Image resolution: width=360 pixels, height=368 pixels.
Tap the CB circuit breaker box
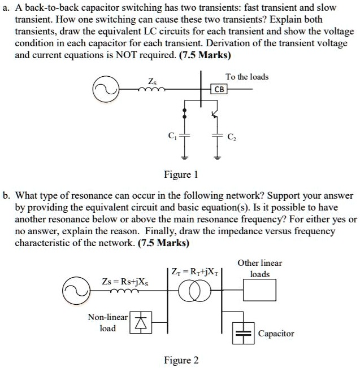click(x=220, y=89)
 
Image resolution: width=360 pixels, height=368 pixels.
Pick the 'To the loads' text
click(x=247, y=76)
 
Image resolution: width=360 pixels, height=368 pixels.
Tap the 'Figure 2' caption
click(x=181, y=360)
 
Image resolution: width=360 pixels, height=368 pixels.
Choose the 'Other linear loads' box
click(x=259, y=291)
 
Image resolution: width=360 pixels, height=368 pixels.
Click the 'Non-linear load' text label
click(x=107, y=322)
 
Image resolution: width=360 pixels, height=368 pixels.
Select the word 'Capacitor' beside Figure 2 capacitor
click(x=276, y=334)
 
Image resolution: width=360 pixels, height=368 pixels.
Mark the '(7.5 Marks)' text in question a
click(x=203, y=56)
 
